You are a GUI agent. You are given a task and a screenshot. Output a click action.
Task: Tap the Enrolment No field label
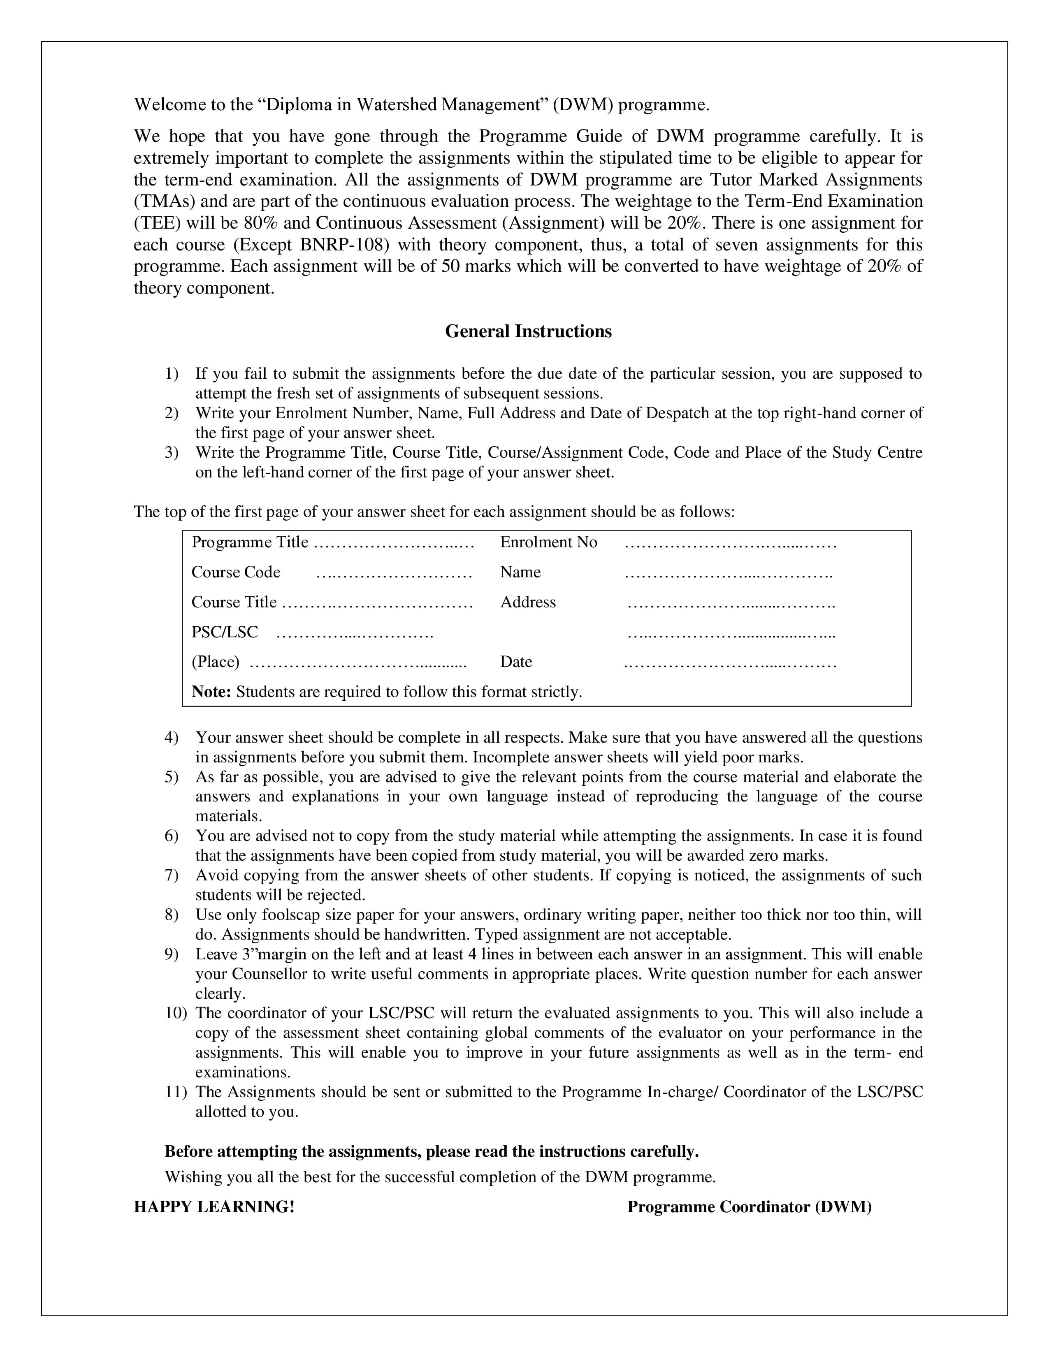pos(548,542)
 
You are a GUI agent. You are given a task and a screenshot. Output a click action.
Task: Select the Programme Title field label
pos(250,542)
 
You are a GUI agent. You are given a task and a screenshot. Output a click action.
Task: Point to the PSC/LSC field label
pos(224,632)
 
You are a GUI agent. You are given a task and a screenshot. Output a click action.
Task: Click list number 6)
pos(172,836)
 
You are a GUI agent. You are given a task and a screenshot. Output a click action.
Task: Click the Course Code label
pos(236,572)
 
